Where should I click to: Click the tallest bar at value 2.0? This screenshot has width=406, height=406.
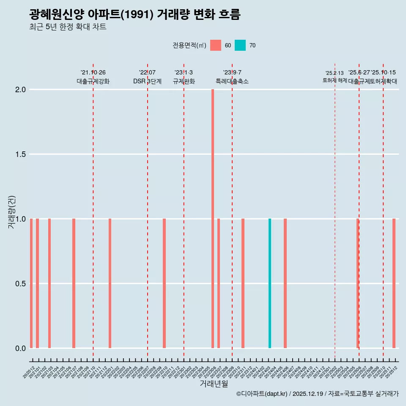click(213, 219)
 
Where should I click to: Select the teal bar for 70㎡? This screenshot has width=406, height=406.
click(270, 283)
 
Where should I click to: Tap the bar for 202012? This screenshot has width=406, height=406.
click(31, 283)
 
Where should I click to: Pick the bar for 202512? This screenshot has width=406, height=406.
click(394, 283)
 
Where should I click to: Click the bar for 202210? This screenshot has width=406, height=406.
click(164, 283)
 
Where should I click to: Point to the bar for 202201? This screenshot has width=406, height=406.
click(110, 283)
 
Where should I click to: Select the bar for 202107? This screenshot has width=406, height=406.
click(74, 283)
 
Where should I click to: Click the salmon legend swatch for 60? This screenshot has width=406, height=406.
click(216, 45)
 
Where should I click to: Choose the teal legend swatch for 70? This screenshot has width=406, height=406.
click(240, 45)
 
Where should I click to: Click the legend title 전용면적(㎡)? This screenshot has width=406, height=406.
click(189, 45)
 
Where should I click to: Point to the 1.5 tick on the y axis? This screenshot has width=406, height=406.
click(20, 154)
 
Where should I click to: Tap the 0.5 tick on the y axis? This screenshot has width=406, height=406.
click(20, 284)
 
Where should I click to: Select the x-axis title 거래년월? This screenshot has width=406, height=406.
click(214, 384)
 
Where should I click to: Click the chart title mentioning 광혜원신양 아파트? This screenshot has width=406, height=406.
click(135, 15)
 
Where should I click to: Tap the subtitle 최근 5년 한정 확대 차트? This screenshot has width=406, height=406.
click(68, 27)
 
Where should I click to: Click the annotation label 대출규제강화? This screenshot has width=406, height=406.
click(93, 81)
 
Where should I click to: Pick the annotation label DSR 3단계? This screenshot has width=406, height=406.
click(147, 81)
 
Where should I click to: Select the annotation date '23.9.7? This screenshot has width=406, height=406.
click(232, 72)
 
